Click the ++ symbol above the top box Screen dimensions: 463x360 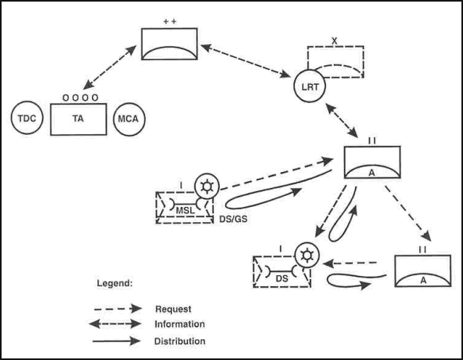[170, 21]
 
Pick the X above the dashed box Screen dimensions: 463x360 [335, 41]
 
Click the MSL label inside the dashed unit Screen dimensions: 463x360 [186, 211]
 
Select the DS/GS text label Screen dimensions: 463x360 [233, 219]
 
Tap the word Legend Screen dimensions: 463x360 [115, 283]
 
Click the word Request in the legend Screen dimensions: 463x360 [174, 309]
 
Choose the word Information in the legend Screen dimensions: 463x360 [179, 324]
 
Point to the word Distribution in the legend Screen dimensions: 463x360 [179, 341]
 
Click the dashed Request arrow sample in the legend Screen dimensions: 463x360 [118, 308]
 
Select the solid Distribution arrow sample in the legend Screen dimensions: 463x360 [117, 341]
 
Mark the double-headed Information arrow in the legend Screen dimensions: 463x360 [115, 324]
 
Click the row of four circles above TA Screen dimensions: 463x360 [80, 98]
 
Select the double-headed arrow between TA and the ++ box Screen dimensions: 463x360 [109, 67]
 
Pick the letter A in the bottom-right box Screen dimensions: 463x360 [423, 280]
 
